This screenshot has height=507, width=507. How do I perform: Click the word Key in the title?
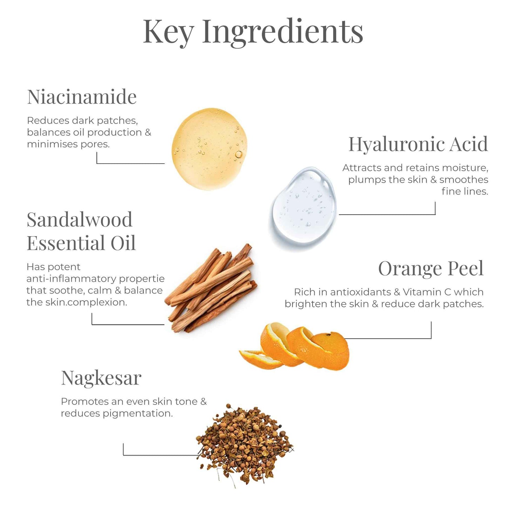coord(168,32)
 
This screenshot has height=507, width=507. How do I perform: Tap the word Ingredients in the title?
coord(282,32)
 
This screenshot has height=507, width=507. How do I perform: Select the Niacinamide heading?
coord(82,97)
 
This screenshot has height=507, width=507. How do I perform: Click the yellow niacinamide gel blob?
coord(209,149)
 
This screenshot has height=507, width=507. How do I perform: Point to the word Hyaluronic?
coord(398,144)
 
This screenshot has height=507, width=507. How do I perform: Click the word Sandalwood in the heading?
coord(80,220)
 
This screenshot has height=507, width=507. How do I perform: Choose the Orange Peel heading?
coord(431,269)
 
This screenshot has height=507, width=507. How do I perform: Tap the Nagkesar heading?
coord(101,378)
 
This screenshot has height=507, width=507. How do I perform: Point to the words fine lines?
coord(465,192)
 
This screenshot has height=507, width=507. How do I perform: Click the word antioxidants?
coord(361,292)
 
